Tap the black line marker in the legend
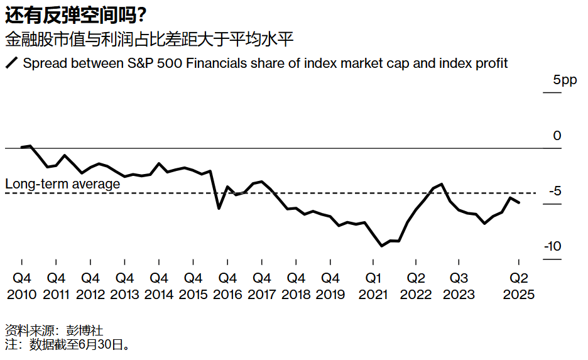11,63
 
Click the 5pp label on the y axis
564,80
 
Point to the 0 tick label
557,136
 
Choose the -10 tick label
552,247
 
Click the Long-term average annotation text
62,184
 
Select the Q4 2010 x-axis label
22,285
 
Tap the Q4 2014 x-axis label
159,285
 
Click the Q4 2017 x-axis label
261,285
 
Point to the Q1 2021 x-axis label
374,285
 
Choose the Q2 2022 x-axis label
415,285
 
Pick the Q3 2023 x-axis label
459,285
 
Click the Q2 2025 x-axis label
518,285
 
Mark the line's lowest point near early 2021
382,246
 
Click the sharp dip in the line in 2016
219,208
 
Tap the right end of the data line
519,202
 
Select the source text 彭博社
85,330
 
